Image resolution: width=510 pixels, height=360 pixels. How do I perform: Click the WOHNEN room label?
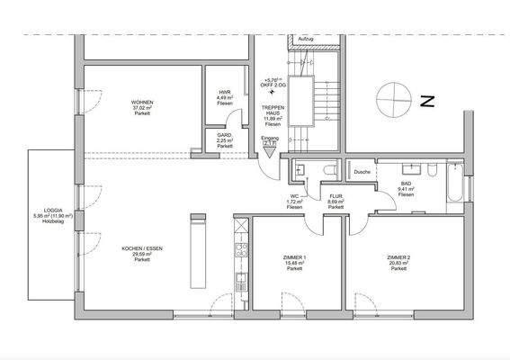(141, 103)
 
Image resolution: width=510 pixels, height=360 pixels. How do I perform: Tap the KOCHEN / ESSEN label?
(142, 248)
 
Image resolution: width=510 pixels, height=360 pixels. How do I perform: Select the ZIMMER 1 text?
(294, 258)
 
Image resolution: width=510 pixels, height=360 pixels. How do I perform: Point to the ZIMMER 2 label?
(398, 257)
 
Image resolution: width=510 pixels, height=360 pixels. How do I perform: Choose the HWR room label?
(225, 93)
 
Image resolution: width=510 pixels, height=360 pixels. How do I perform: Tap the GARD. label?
(225, 135)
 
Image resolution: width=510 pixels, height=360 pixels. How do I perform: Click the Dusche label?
(362, 171)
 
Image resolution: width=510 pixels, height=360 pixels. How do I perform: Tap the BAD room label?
(407, 184)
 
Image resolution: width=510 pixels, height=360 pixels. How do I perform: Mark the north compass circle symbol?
(392, 96)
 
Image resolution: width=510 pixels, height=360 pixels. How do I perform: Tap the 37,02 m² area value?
(141, 109)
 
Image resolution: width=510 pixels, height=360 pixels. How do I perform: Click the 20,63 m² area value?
(398, 263)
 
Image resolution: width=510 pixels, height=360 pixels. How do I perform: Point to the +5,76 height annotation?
(273, 80)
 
